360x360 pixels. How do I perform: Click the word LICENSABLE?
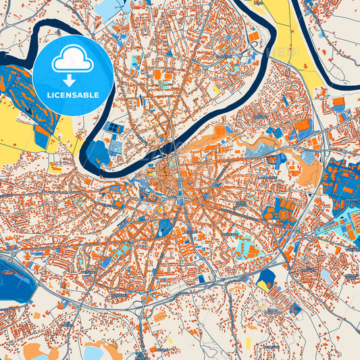click(72, 95)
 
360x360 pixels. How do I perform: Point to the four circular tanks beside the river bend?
click(115, 128)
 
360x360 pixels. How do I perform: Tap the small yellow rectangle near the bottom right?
click(251, 328)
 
